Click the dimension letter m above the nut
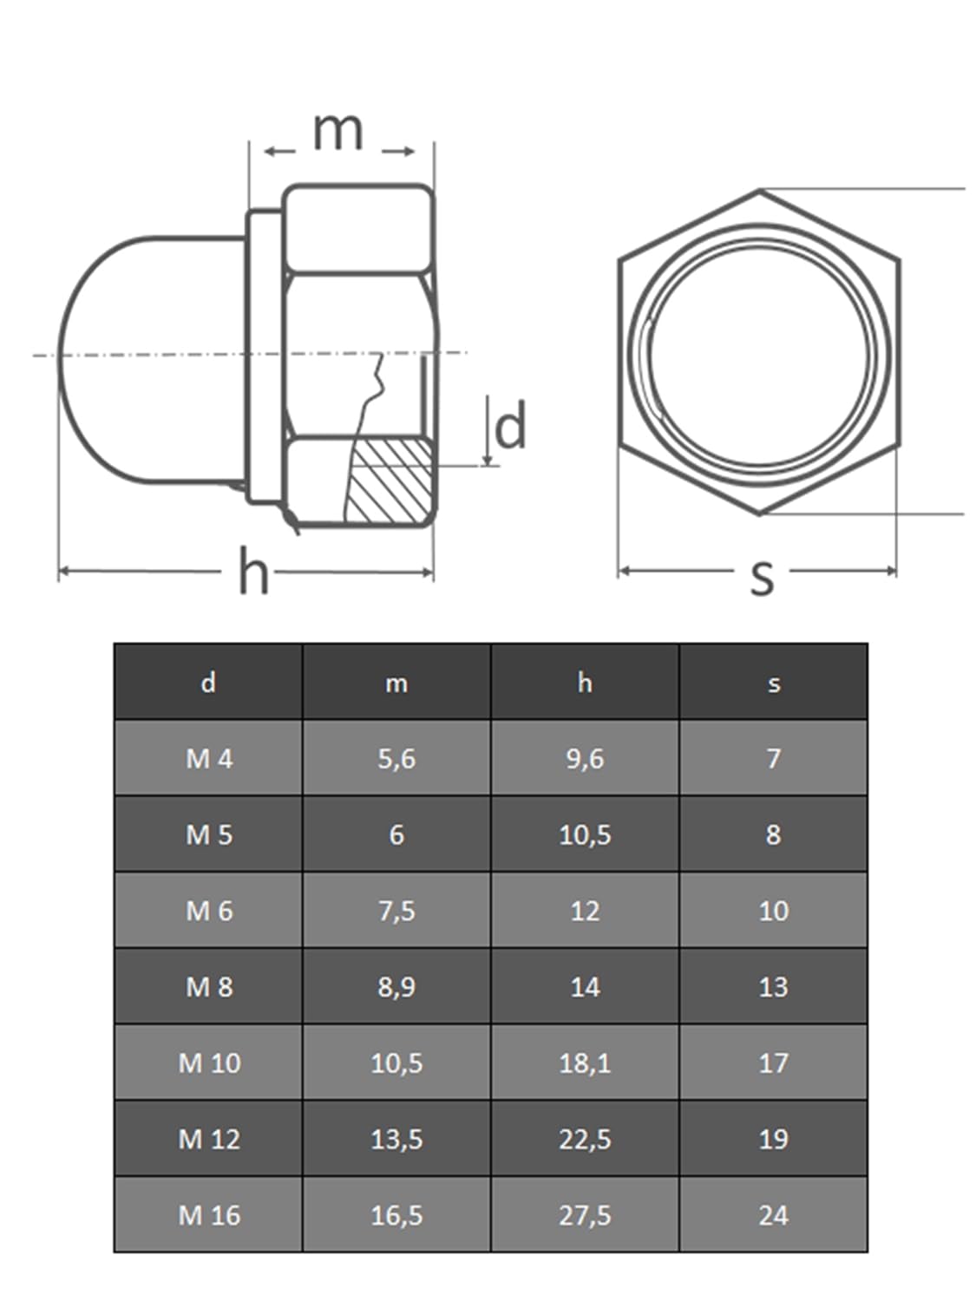(x=337, y=131)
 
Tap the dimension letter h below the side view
(x=253, y=570)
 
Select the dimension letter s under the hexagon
(x=762, y=578)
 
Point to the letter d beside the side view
(x=509, y=424)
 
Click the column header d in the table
(x=208, y=683)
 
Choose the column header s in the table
(x=773, y=684)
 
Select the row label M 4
(x=208, y=759)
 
